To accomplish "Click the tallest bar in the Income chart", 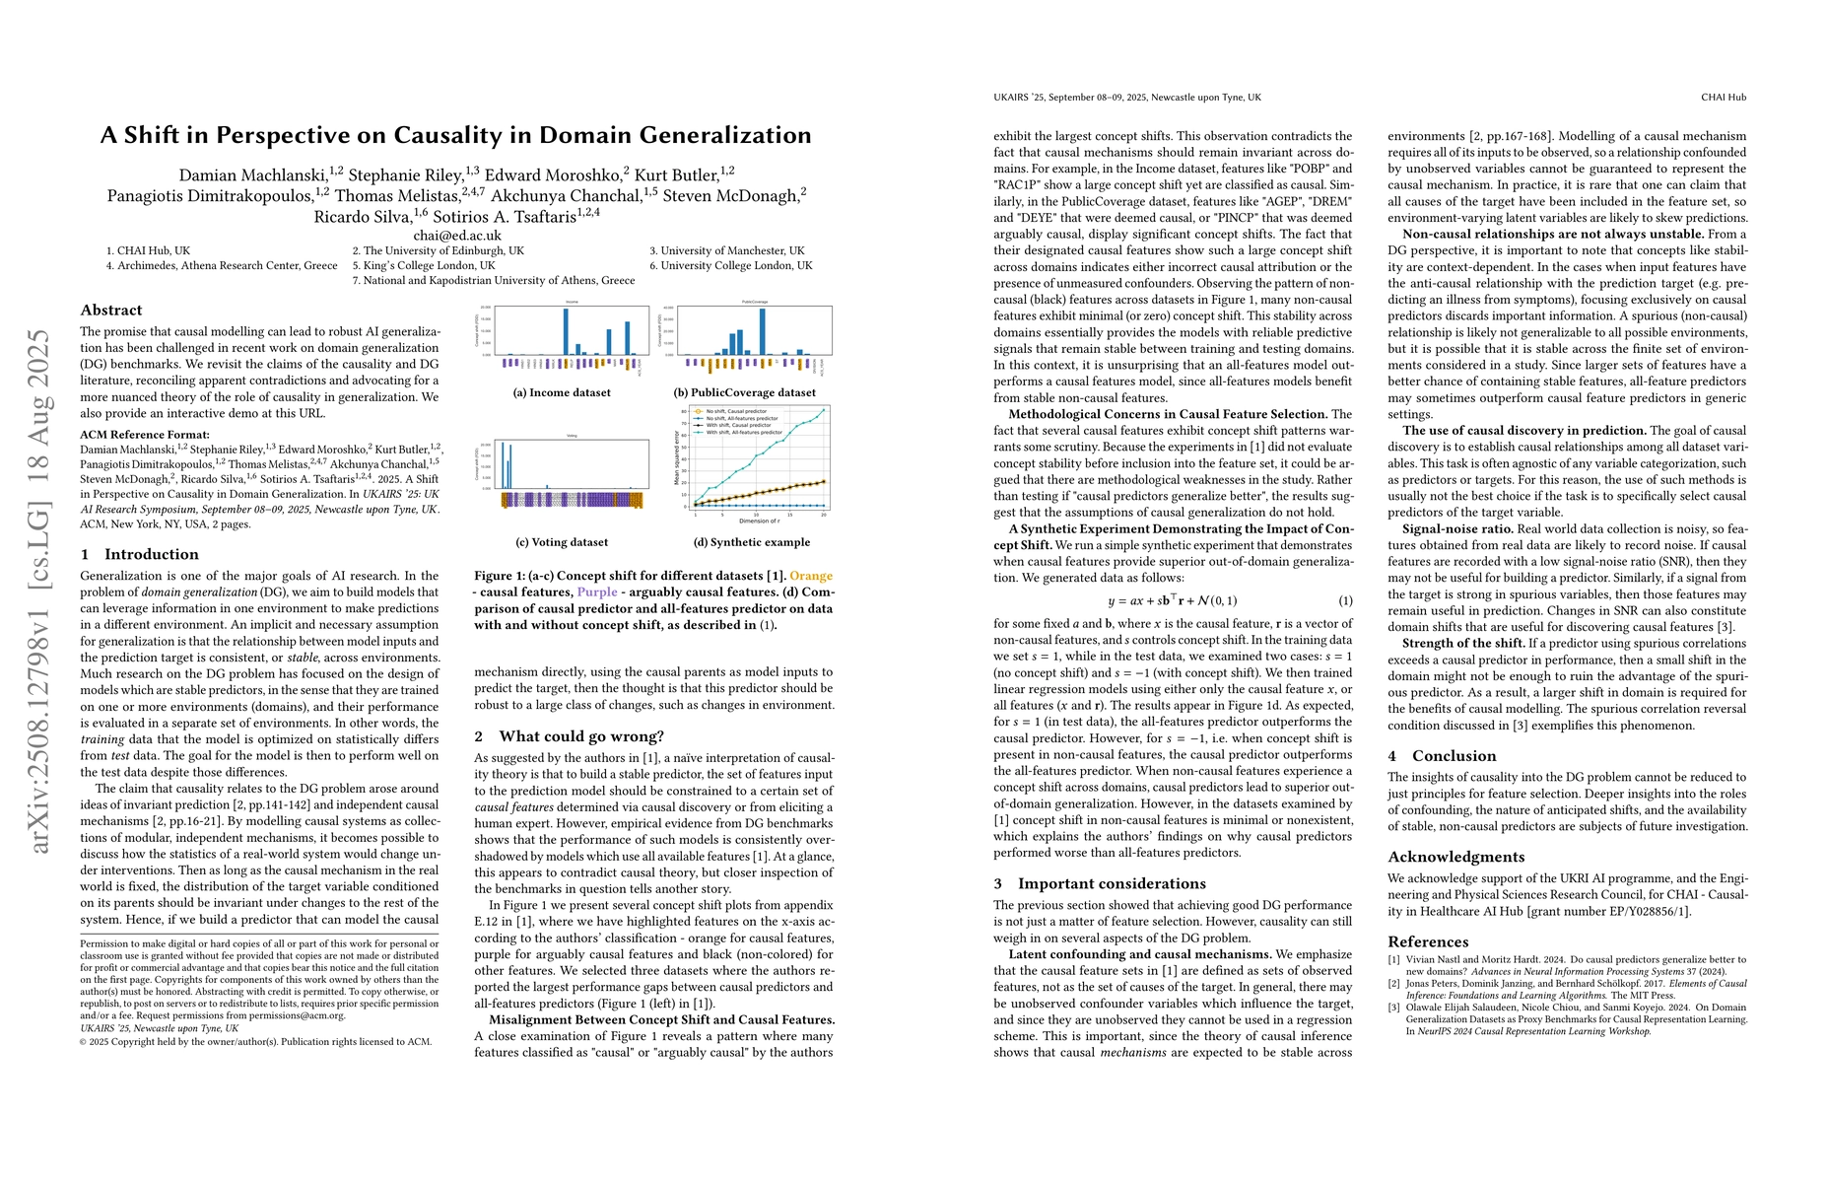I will coord(566,331).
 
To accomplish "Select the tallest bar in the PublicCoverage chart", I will coord(762,331).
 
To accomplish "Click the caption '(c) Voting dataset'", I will coord(562,542).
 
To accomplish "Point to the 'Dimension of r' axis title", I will coord(759,521).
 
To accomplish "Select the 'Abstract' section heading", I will coord(111,310).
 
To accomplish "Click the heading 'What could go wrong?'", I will coord(581,736).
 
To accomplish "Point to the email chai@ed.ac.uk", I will coord(457,236).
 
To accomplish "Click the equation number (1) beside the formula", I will coord(1345,600).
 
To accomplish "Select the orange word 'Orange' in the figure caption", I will coord(811,576).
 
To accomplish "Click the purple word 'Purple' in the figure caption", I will coord(597,592).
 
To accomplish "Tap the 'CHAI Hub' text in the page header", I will coord(1724,98).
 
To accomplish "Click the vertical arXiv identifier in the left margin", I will coord(39,591).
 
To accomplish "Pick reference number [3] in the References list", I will coord(1394,1008).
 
